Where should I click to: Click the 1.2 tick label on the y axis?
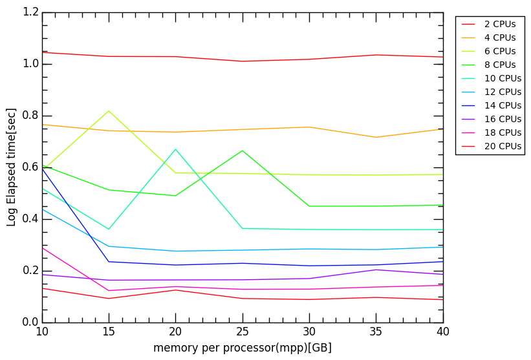tap(30, 12)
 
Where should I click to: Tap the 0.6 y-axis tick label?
tap(30, 167)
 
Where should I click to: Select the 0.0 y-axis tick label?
tap(30, 323)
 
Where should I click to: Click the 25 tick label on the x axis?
tap(243, 332)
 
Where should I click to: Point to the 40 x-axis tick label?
tap(443, 332)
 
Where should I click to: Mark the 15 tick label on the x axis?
tap(109, 332)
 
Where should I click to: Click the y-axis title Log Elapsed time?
tap(12, 167)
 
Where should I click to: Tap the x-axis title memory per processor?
tap(243, 348)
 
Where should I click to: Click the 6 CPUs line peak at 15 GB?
tap(109, 111)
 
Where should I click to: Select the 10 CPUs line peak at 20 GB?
tap(175, 149)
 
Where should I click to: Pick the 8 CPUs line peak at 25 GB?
tap(243, 151)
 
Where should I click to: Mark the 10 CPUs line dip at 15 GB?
tap(109, 229)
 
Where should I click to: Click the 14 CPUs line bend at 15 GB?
tap(109, 262)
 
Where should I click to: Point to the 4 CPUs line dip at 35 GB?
tap(376, 137)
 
